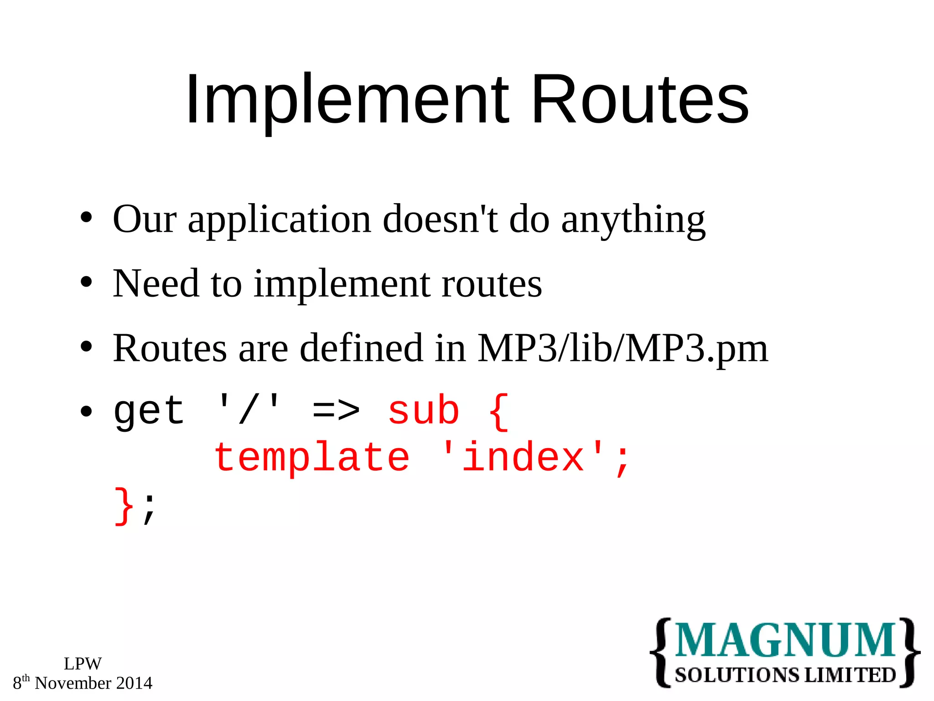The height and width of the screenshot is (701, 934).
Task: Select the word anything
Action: pos(633,220)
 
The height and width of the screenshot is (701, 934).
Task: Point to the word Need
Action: pos(156,284)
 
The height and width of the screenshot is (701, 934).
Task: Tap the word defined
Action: pos(361,348)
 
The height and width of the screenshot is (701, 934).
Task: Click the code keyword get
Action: pos(149,411)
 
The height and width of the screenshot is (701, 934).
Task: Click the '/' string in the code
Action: pos(249,410)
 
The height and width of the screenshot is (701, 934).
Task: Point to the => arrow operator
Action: pos(336,410)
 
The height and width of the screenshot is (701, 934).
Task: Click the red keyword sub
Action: pos(423,410)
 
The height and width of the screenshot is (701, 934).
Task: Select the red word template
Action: pos(312,458)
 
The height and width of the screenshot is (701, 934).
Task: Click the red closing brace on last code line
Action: pos(124,506)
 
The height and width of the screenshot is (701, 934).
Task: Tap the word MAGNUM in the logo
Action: pos(784,641)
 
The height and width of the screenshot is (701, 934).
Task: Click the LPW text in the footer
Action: pos(83,664)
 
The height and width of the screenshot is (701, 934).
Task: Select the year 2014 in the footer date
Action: pos(134,683)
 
